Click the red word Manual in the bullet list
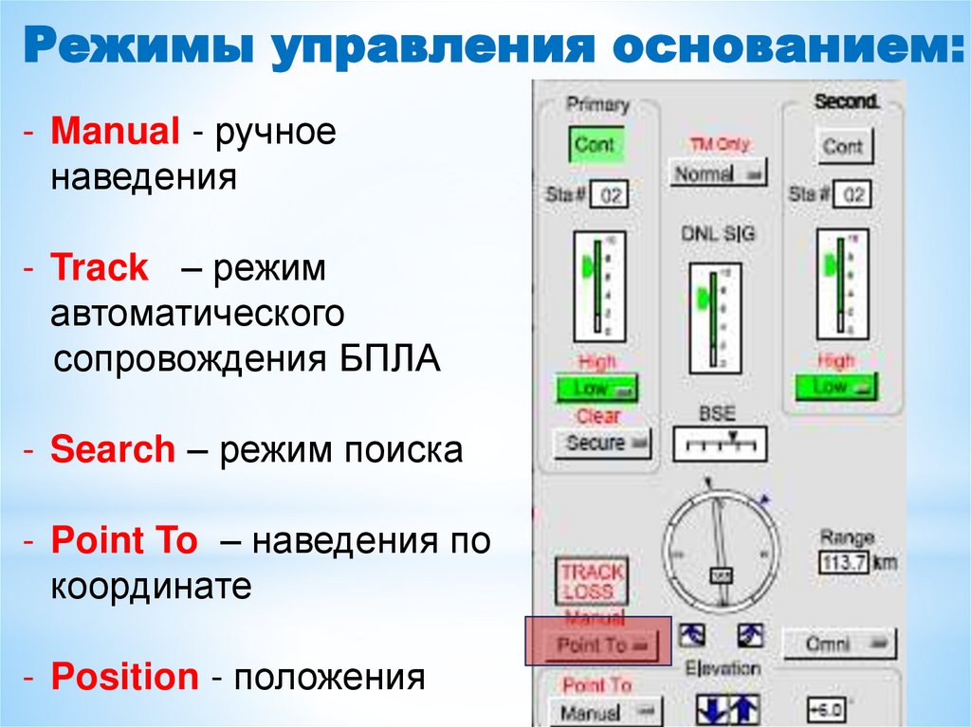click(x=115, y=132)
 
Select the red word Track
click(x=100, y=268)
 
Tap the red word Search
click(x=113, y=449)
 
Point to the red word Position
click(x=124, y=678)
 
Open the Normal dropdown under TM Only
click(x=718, y=174)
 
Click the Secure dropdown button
click(x=602, y=444)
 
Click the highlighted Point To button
click(x=598, y=645)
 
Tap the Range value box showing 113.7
click(x=843, y=562)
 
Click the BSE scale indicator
click(x=719, y=443)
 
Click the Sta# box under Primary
click(x=608, y=196)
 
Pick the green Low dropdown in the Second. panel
click(x=835, y=387)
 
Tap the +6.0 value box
click(x=825, y=709)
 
